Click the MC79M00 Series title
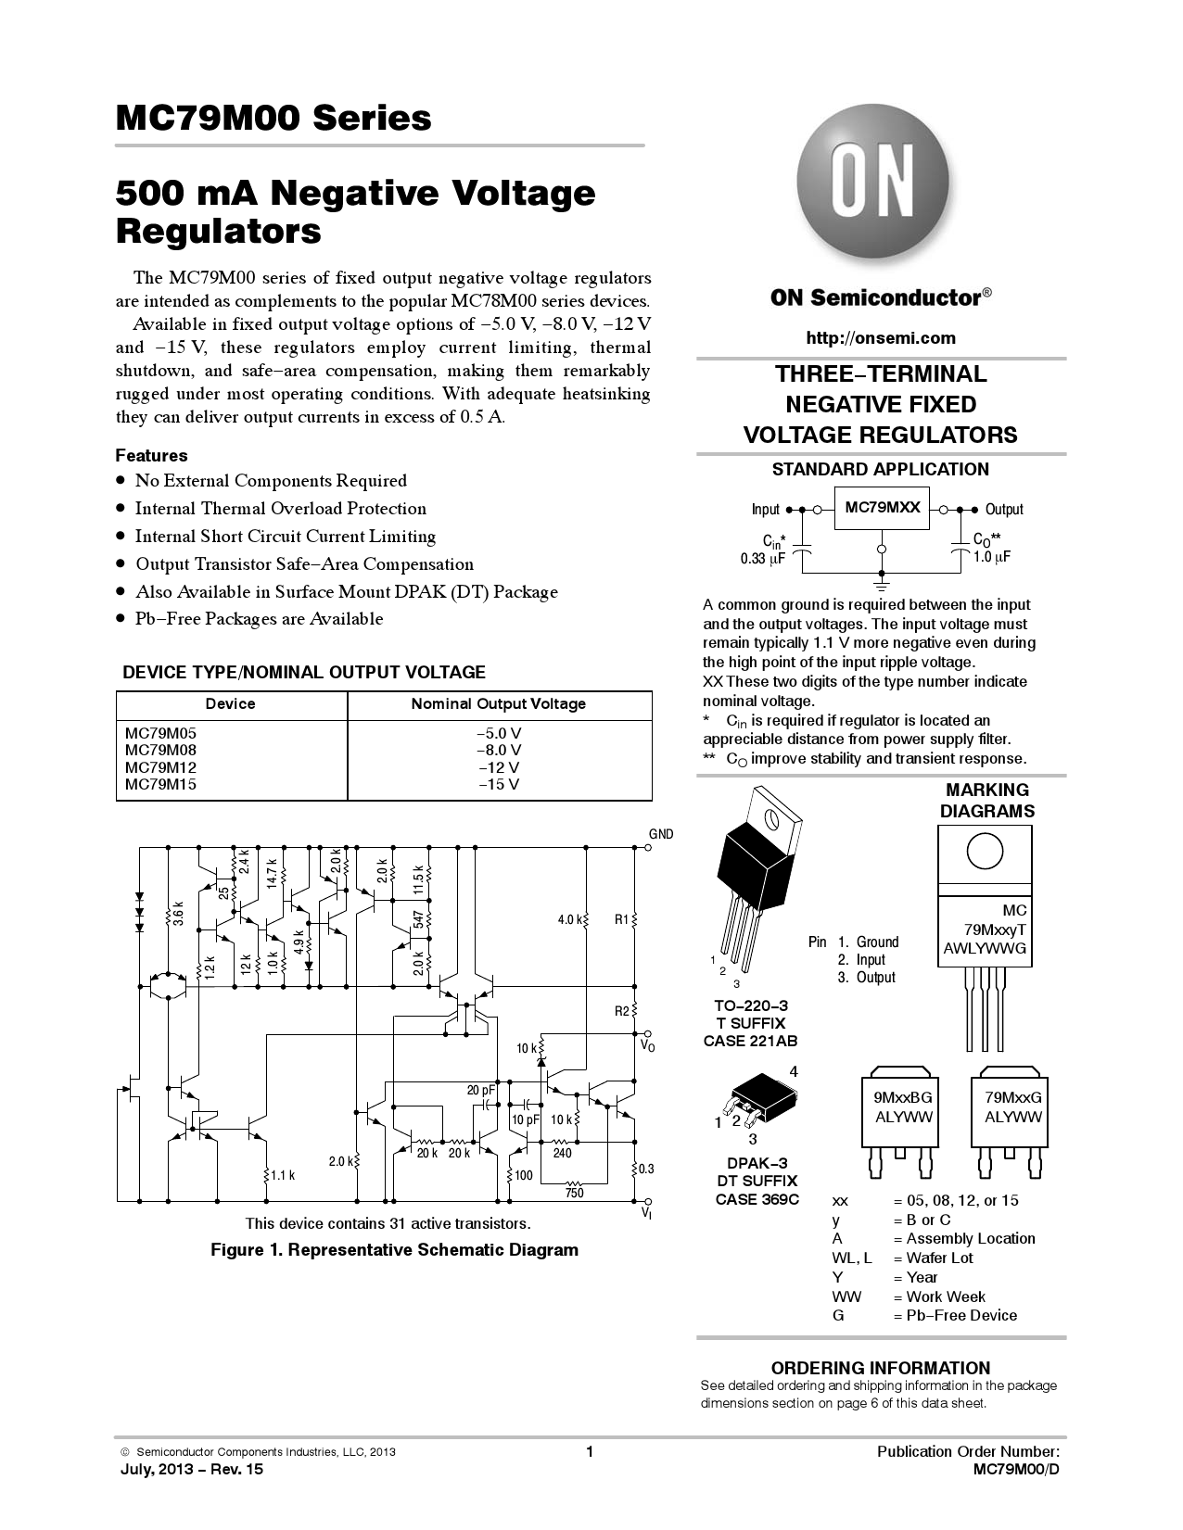tap(273, 118)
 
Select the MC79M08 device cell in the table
tap(161, 750)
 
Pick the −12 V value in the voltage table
tap(499, 767)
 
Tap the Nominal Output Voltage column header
tap(499, 704)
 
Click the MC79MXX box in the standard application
tap(882, 508)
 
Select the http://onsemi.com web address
tap(880, 338)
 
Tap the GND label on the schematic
tap(661, 834)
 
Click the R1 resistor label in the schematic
tap(621, 919)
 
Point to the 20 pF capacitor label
tap(480, 1090)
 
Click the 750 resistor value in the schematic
tap(575, 1193)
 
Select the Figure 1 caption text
tap(394, 1250)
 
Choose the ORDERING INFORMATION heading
tap(880, 1368)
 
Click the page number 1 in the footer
tap(589, 1451)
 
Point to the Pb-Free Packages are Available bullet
tap(259, 619)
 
